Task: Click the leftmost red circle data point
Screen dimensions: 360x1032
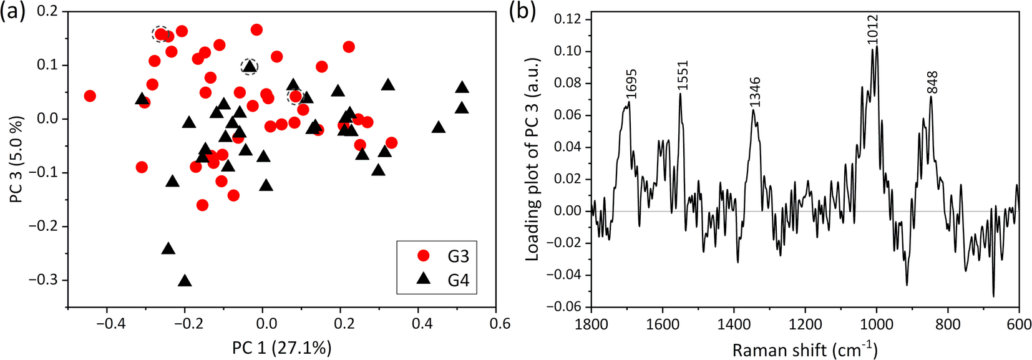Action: click(x=90, y=96)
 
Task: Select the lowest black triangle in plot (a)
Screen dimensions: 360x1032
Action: click(x=185, y=281)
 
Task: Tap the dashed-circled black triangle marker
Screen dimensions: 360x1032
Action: click(x=250, y=66)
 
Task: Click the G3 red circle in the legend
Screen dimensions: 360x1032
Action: click(x=424, y=255)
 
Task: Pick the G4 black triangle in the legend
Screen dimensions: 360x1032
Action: click(x=424, y=279)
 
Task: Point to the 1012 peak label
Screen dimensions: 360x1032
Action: click(x=872, y=29)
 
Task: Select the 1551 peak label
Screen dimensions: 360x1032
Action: click(x=683, y=75)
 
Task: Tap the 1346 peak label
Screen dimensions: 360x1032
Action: click(x=755, y=92)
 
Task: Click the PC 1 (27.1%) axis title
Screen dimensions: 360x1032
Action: click(x=281, y=348)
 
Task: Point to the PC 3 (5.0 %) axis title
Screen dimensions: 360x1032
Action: click(x=16, y=159)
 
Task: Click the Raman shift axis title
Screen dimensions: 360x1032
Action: click(x=804, y=349)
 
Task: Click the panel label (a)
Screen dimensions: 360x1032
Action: click(x=13, y=12)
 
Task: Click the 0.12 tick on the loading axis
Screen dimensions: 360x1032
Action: click(x=568, y=19)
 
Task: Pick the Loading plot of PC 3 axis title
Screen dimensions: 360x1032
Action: click(x=532, y=159)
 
